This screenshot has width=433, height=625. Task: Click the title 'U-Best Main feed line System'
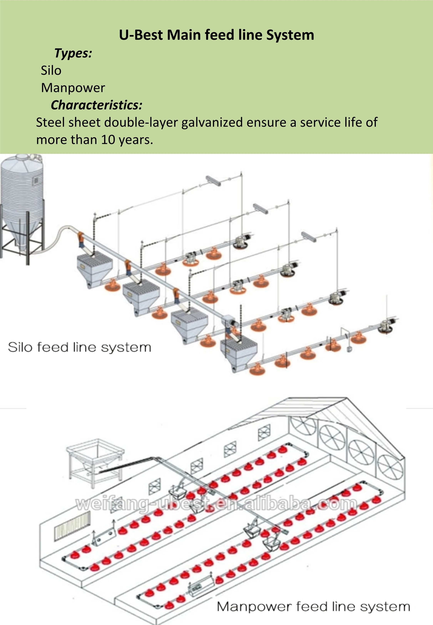point(216,35)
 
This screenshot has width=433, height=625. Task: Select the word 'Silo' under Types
point(51,70)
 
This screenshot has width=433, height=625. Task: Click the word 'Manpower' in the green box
point(73,88)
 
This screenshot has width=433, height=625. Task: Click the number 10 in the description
point(109,140)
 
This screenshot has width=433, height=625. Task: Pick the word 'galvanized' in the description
point(212,122)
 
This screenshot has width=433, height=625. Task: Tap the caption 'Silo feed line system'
point(79,347)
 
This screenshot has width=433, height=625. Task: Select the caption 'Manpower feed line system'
point(313,607)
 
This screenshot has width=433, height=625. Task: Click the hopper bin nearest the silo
point(94,268)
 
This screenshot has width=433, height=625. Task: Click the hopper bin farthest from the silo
point(239,354)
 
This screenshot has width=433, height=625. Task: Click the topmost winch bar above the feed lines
point(213,181)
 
